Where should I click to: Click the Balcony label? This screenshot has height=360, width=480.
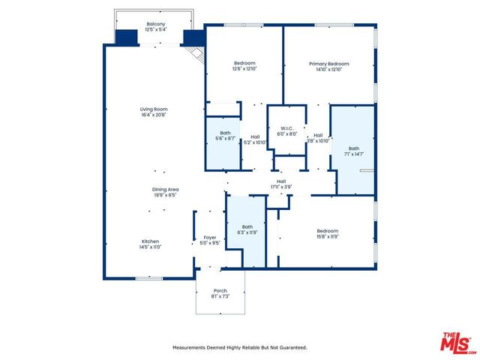tap(156, 24)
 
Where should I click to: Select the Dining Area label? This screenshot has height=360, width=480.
tap(165, 189)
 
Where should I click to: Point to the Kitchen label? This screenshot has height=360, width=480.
tap(151, 241)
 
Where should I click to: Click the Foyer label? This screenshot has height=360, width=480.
tap(210, 238)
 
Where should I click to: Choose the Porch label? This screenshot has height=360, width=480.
tap(220, 290)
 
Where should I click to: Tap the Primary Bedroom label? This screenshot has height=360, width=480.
tap(329, 64)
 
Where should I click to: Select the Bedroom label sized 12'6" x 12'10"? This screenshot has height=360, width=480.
tap(244, 63)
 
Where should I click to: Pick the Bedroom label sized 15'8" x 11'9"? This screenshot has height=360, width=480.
tap(327, 231)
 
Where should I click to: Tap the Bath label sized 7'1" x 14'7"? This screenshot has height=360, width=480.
tap(354, 148)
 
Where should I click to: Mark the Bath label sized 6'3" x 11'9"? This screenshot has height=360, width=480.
tap(247, 227)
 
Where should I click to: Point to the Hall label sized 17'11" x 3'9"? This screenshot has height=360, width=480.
tap(281, 181)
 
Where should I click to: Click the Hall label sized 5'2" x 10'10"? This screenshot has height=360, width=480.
tap(256, 136)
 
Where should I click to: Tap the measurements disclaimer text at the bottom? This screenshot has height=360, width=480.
tap(240, 347)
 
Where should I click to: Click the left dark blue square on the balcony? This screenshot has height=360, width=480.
tap(127, 37)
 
